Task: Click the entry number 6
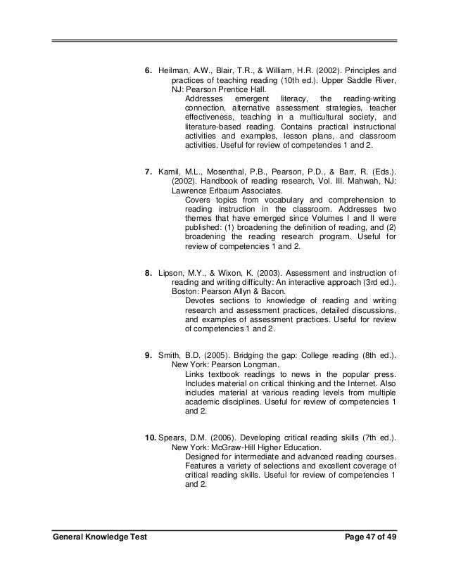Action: [x=148, y=71]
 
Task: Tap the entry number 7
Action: [x=148, y=171]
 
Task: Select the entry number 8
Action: [x=148, y=271]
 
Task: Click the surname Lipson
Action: [x=172, y=271]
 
